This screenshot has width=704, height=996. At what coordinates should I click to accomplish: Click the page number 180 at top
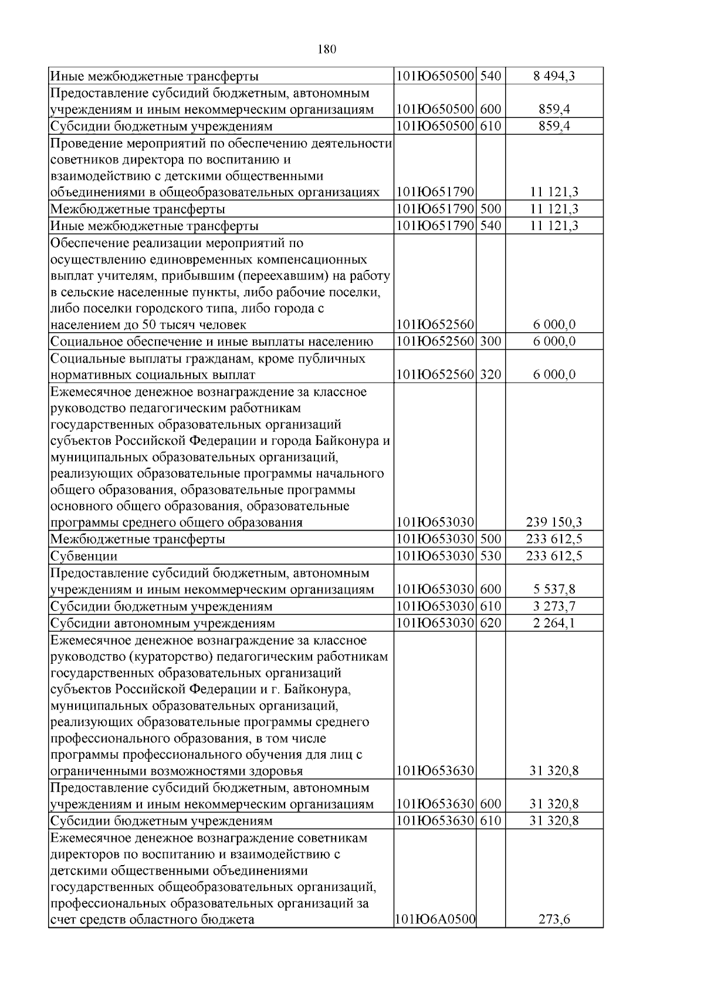327,49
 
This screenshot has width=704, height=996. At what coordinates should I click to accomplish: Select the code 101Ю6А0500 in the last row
435,920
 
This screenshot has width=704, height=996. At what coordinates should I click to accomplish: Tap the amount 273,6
554,920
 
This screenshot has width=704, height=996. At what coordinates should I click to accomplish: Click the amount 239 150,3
554,522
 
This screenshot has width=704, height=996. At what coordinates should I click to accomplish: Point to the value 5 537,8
554,589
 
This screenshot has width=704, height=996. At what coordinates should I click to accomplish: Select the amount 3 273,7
554,606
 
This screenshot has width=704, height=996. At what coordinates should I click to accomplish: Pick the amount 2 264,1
554,623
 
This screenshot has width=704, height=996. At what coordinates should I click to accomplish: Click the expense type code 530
490,556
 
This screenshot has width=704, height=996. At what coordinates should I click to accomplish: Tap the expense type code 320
490,374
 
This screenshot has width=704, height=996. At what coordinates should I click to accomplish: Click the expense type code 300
490,342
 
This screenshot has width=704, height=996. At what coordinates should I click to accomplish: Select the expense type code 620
490,623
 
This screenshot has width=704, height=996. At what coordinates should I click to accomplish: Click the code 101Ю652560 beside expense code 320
435,374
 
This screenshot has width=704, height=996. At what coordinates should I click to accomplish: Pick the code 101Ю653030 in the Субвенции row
435,556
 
